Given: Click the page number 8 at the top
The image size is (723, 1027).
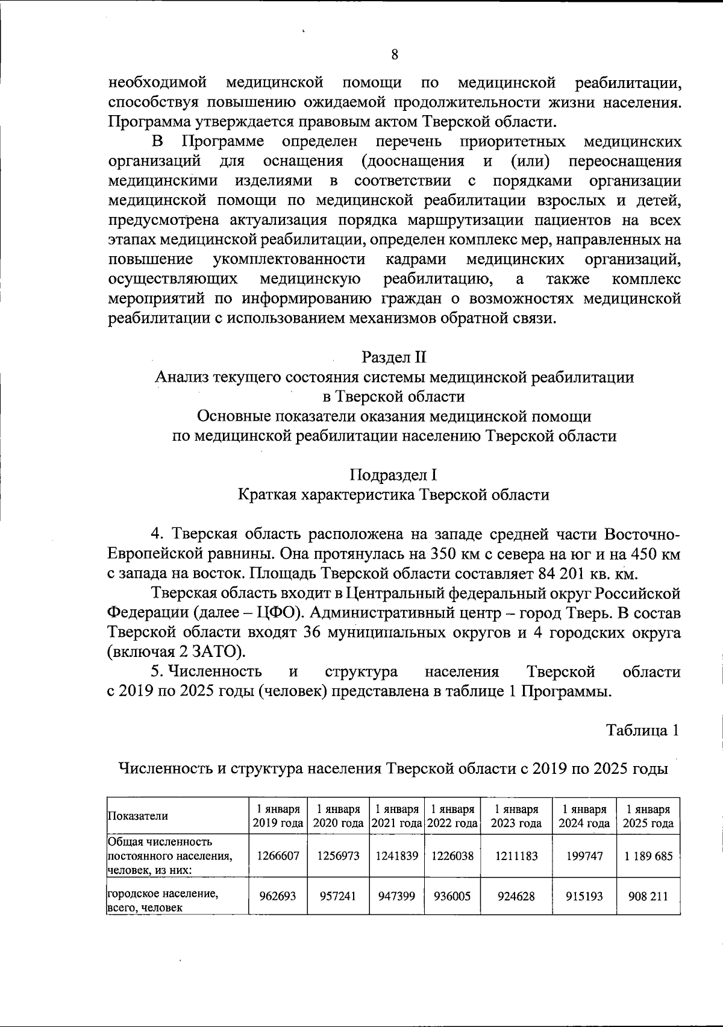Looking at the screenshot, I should (x=395, y=55).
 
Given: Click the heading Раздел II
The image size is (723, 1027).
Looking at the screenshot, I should (x=394, y=357).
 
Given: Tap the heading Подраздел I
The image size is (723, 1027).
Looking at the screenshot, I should (x=394, y=475).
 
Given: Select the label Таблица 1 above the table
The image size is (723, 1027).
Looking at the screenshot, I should (x=643, y=730).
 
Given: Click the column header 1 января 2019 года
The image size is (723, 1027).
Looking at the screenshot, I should (x=277, y=816).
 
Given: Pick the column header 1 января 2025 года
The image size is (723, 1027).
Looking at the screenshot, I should (x=648, y=816).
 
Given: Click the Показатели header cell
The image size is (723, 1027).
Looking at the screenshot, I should (x=138, y=816).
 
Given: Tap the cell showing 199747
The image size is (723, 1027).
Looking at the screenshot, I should (x=584, y=855).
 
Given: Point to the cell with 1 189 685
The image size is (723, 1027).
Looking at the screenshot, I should (x=648, y=855).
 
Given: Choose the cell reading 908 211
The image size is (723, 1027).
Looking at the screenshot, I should (x=648, y=896).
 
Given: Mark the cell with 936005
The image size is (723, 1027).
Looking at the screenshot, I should (x=452, y=896).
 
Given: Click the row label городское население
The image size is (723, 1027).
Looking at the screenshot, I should (x=163, y=895).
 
